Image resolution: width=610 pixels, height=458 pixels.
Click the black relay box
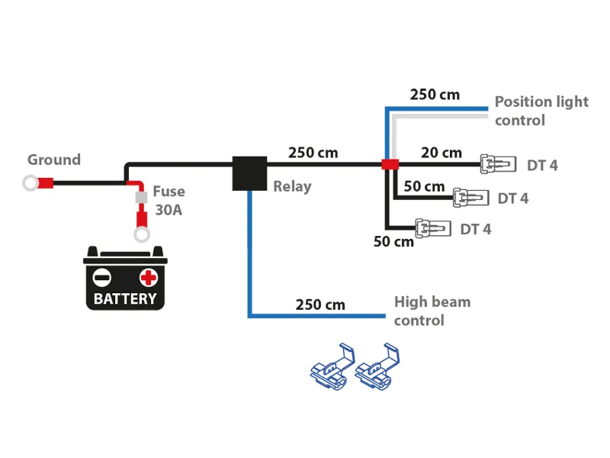click(249, 173)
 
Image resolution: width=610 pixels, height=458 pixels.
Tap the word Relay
click(292, 186)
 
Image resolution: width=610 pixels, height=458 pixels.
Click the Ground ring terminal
click(31, 183)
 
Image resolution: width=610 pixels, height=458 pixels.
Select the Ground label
click(54, 160)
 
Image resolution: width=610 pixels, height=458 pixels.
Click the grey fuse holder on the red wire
click(140, 198)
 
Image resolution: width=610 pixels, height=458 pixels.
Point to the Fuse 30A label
click(169, 201)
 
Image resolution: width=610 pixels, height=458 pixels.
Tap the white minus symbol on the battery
click(102, 276)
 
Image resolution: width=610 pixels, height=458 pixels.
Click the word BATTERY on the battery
click(125, 298)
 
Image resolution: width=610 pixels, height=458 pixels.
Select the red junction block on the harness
click(390, 164)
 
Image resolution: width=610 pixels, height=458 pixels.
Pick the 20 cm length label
click(441, 153)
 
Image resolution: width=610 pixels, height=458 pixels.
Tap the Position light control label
click(541, 111)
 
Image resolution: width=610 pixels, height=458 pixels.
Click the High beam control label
click(432, 311)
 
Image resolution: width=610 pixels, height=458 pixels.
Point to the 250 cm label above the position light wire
click(435, 95)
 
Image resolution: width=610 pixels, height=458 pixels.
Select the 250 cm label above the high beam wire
click(320, 305)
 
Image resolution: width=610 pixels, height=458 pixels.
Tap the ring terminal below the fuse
click(141, 234)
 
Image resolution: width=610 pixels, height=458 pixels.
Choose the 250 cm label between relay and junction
click(313, 153)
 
